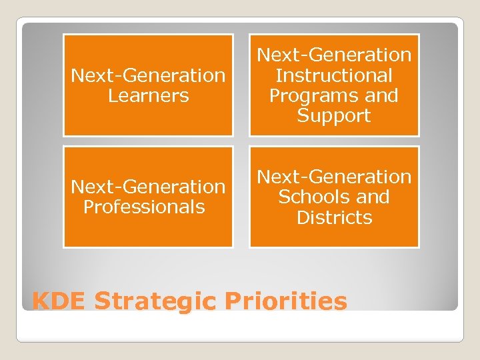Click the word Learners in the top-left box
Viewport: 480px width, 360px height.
pyautogui.click(x=148, y=96)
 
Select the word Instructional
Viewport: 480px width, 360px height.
pyautogui.click(x=334, y=75)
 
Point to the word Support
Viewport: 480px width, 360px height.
pyautogui.click(x=334, y=115)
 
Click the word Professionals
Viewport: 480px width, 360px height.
pyautogui.click(x=144, y=207)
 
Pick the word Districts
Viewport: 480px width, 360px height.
pyautogui.click(x=334, y=217)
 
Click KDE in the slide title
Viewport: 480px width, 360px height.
pyautogui.click(x=59, y=301)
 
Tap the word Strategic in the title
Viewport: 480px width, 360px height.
pyautogui.click(x=155, y=301)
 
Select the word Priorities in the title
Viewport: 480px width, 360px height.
pyautogui.click(x=286, y=301)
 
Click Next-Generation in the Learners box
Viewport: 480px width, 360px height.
pyautogui.click(x=148, y=75)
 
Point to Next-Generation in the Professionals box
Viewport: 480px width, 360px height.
pyautogui.click(x=148, y=187)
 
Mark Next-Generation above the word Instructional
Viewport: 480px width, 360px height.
pyautogui.click(x=334, y=55)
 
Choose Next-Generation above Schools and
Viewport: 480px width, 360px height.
pyautogui.click(x=334, y=177)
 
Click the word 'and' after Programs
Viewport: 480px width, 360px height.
pyautogui.click(x=381, y=95)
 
